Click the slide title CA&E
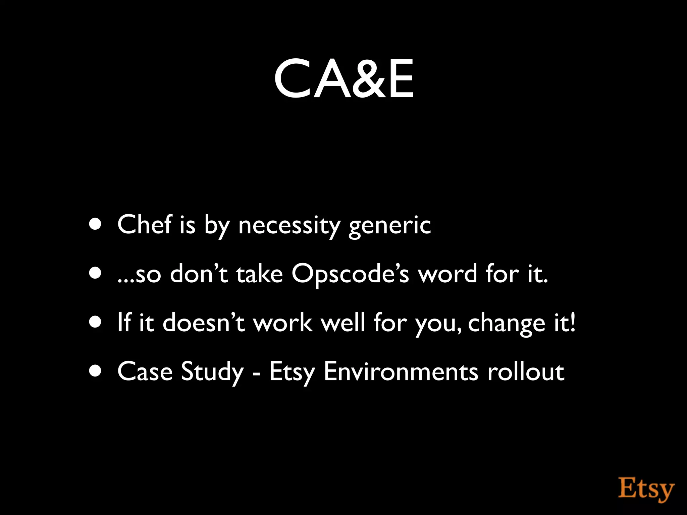pyautogui.click(x=343, y=79)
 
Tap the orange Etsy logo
pyautogui.click(x=646, y=489)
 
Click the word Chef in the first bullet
pyautogui.click(x=144, y=224)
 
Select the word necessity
pyautogui.click(x=289, y=225)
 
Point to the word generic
pyautogui.click(x=389, y=225)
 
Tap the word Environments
pyautogui.click(x=401, y=371)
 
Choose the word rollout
pyautogui.click(x=526, y=371)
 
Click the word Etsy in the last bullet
pyautogui.click(x=292, y=372)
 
